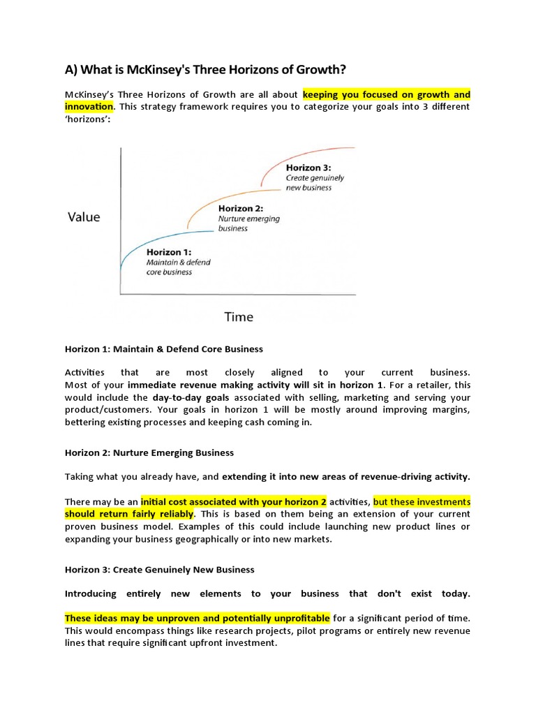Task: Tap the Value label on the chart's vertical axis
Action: [x=84, y=216]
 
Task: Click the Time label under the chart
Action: [x=238, y=317]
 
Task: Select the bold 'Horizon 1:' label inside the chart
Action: [x=169, y=252]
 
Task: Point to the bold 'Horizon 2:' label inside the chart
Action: [x=240, y=208]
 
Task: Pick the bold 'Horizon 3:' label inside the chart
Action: [x=308, y=168]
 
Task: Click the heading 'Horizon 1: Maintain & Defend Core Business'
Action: [x=164, y=348]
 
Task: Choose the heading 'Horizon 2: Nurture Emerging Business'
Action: [x=149, y=453]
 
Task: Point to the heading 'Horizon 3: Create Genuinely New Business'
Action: [x=160, y=570]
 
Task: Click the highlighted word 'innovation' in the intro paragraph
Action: [x=89, y=106]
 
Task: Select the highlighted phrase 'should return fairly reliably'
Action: [x=129, y=514]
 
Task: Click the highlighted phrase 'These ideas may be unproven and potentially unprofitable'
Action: [x=198, y=618]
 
